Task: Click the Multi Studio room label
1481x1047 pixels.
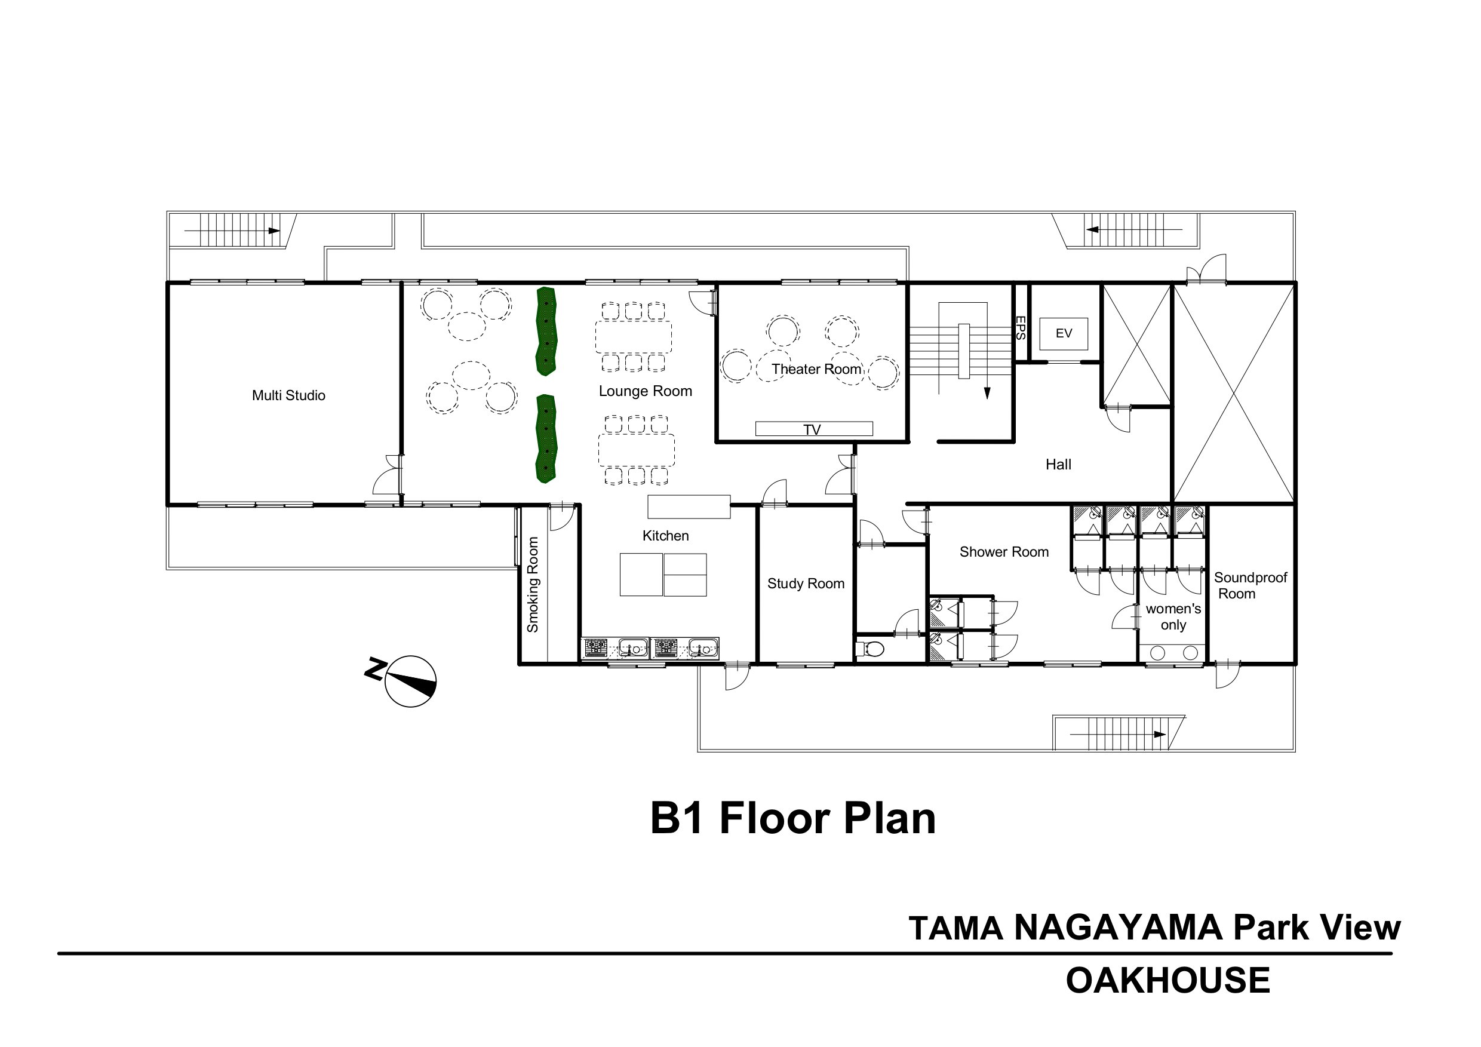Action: [288, 395]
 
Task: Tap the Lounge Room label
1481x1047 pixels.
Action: [645, 391]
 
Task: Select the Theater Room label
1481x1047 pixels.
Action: [816, 369]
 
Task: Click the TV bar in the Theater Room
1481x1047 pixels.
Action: [814, 429]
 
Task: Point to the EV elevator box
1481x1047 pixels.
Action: [1064, 333]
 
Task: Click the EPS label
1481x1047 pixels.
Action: [1021, 328]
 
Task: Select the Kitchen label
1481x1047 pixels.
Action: [666, 535]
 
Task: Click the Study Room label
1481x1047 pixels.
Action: [806, 584]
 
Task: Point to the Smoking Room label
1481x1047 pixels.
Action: [533, 585]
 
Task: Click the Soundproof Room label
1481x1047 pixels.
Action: [1250, 586]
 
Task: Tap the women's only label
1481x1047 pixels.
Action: [1173, 617]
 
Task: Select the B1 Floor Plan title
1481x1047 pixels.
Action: [792, 819]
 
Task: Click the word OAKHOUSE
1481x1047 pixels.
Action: [1168, 981]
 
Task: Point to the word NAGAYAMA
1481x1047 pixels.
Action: [1119, 928]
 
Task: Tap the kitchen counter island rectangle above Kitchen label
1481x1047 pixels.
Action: [689, 506]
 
